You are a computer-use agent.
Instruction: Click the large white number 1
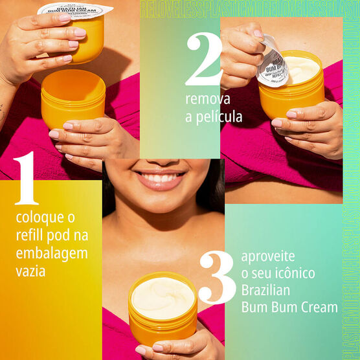26,179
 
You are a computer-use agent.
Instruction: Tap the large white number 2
203,60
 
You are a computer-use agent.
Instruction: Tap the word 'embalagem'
51,253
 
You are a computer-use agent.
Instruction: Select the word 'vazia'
30,271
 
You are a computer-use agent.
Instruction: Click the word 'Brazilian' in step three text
267,290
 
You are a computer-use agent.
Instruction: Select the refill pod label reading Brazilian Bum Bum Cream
74,11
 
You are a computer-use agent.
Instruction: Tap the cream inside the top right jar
301,69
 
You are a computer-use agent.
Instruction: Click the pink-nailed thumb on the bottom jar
141,350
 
